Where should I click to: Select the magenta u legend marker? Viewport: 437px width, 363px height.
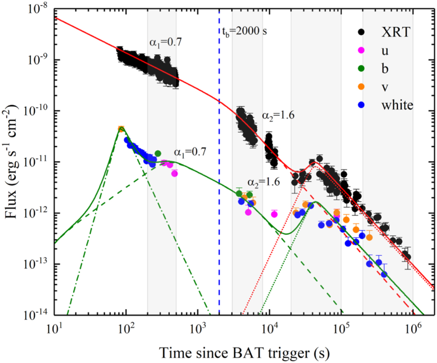[361, 50]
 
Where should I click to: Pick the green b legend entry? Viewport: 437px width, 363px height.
[361, 68]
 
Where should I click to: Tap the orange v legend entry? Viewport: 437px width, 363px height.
[361, 87]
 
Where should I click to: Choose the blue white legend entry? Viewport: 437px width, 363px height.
[361, 105]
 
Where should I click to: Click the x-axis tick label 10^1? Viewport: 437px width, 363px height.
[54, 330]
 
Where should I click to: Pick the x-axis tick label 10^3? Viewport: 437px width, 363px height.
[198, 330]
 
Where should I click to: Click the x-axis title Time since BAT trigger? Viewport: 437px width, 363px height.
[245, 351]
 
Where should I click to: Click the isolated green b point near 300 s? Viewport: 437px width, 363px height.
[158, 153]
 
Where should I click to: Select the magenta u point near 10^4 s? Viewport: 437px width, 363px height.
[274, 214]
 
